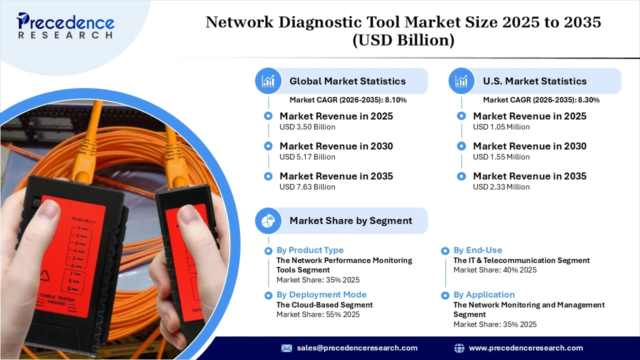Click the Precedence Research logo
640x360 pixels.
coord(65,25)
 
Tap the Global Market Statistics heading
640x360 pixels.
coord(347,81)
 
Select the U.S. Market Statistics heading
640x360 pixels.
coord(534,81)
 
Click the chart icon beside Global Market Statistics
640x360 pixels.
coord(268,81)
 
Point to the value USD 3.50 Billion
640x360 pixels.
coord(307,127)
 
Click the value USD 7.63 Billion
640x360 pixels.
coord(307,187)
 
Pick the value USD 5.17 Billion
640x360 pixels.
coord(307,157)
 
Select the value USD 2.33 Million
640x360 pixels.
coord(501,187)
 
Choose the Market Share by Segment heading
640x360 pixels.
coord(350,220)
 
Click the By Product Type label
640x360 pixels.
coord(310,250)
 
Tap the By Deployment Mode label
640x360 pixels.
coord(321,294)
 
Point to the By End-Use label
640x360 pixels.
coord(477,250)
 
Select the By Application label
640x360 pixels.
coord(484,294)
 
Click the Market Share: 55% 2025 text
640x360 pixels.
coord(318,314)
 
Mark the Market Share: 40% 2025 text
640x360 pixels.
coord(494,270)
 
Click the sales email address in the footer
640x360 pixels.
coord(357,348)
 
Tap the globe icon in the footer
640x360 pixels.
coord(459,348)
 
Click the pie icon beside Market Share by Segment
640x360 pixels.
coord(268,220)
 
